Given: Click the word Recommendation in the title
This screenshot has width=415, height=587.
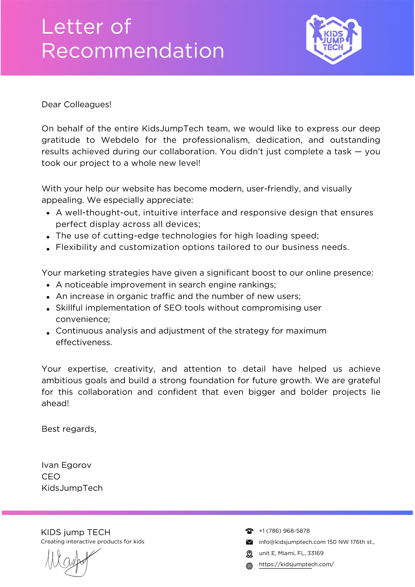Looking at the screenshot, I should point(133,51).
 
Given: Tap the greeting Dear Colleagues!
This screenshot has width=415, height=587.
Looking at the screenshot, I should point(76,105).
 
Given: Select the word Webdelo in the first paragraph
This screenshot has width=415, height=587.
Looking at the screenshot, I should point(120,140).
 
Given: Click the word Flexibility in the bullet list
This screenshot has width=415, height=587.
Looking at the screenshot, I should point(76,247).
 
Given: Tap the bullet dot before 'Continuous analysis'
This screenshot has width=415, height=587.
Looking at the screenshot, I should point(48,333).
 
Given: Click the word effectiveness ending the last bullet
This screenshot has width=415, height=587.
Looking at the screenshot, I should point(84,342).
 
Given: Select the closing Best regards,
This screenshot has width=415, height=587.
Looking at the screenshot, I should point(69,429).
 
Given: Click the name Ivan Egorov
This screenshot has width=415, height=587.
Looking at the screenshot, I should point(66,465).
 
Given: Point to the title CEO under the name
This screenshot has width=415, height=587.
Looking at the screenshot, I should point(51,477).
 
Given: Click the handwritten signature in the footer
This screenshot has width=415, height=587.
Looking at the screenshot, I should point(71,562).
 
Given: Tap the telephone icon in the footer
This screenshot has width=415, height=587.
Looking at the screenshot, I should point(249,531).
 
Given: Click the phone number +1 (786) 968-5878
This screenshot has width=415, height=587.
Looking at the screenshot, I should point(284,531).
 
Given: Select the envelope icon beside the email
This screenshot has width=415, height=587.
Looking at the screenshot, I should point(249,542).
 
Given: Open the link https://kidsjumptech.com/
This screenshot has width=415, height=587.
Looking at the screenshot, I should point(296,564).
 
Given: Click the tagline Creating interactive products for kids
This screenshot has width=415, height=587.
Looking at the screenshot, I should point(93,542).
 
